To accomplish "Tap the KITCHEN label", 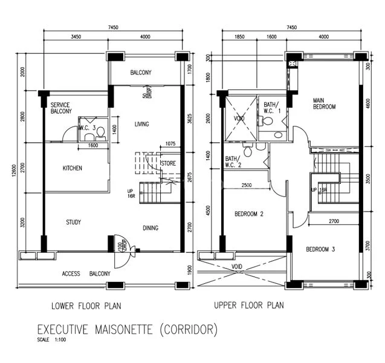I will point(72,168).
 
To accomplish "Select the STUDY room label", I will point(74,222).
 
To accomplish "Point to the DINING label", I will point(150,228).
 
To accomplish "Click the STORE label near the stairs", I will point(169,163).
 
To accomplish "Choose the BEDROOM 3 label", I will point(320,249).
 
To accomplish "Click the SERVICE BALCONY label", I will point(61,108).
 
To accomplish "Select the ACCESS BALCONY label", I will point(86,273).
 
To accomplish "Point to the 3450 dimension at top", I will point(76,38).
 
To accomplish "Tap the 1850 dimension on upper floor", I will point(239,38).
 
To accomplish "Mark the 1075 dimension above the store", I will point(170,144).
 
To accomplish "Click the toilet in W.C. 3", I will point(89,137).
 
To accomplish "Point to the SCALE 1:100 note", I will point(53,340).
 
